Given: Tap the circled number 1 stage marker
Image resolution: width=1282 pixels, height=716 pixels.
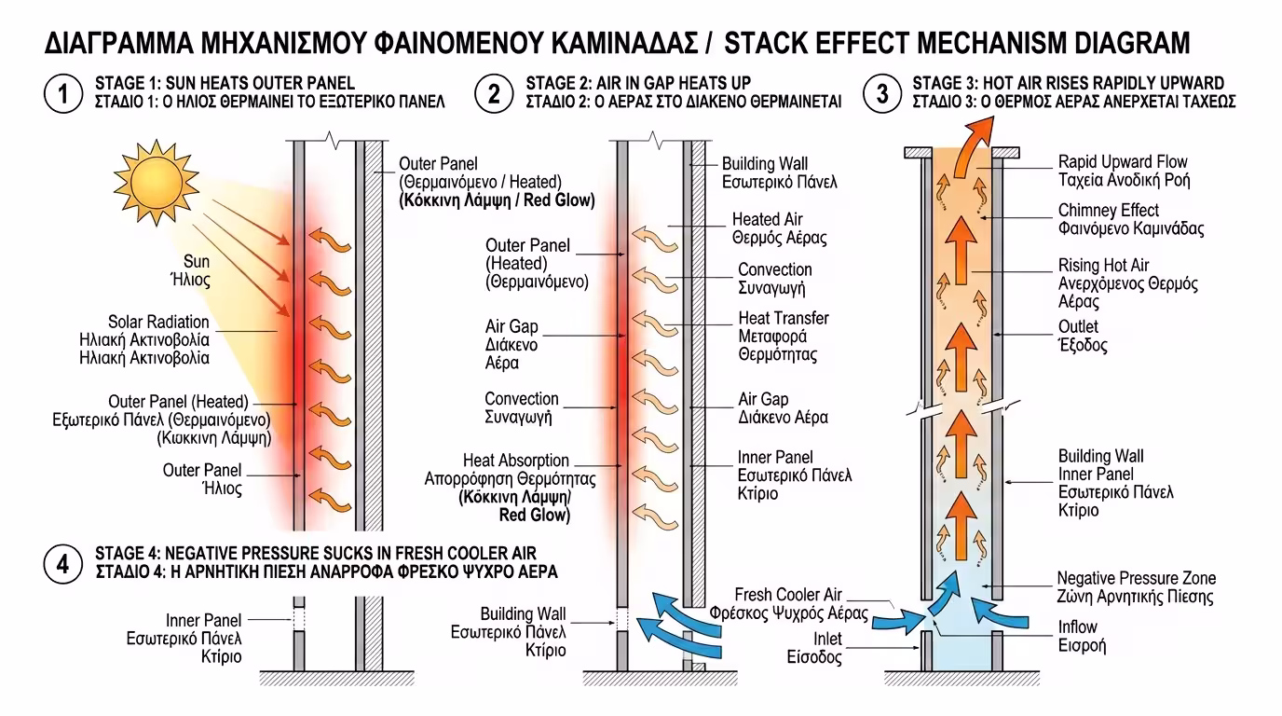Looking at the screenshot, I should (x=62, y=93).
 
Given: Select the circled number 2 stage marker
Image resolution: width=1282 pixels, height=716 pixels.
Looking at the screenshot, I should (x=494, y=93).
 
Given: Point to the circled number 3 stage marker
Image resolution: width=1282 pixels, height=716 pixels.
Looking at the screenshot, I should (x=880, y=93).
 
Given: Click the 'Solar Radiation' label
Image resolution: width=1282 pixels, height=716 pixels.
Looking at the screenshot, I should (x=158, y=323).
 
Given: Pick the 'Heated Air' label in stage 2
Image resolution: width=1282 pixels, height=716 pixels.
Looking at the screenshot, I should (x=767, y=220).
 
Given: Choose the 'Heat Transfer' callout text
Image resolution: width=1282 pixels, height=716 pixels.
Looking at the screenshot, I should (x=783, y=319).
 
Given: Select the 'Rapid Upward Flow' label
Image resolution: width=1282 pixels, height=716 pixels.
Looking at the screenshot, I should (x=1123, y=162).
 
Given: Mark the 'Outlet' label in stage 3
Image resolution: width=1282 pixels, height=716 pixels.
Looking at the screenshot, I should (x=1078, y=327).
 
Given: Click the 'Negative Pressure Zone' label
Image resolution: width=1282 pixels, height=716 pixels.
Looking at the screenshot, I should (x=1136, y=579).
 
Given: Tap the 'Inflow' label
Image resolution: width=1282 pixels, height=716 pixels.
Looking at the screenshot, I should (x=1078, y=627).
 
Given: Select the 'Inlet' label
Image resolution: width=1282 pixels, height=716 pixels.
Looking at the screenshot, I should (x=826, y=640).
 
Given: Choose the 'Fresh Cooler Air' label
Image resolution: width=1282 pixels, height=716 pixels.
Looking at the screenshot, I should (x=788, y=595).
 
